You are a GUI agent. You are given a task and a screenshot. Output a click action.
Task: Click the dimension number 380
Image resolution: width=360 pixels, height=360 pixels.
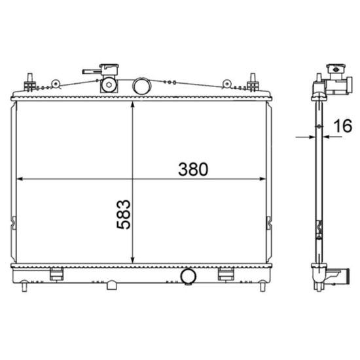(x=193, y=170)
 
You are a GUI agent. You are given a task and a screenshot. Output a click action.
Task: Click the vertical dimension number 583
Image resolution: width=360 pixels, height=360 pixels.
(x=124, y=215)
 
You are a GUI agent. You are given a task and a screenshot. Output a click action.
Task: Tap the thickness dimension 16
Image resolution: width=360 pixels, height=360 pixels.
(x=342, y=126)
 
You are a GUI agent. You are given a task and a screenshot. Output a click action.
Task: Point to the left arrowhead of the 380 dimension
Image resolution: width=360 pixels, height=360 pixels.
(x=20, y=179)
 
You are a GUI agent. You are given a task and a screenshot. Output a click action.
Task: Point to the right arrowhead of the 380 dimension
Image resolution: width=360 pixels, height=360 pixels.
(x=262, y=179)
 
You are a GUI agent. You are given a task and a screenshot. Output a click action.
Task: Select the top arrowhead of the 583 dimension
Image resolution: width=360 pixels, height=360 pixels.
(x=132, y=105)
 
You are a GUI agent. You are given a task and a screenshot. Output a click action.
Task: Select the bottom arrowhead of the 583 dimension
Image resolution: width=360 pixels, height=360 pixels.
(x=132, y=260)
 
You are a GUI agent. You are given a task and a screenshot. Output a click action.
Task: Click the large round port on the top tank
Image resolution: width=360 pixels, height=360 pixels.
(x=142, y=86)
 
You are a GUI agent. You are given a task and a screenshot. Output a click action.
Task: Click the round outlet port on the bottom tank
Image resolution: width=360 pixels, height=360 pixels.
(x=189, y=276)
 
